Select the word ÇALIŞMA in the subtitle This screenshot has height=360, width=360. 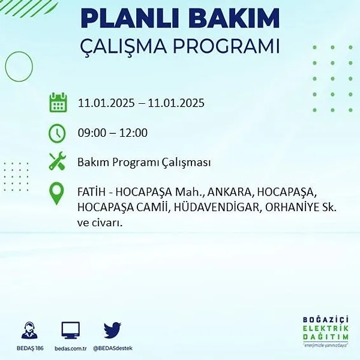click(x=123, y=47)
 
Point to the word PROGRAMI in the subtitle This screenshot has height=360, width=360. click(x=226, y=46)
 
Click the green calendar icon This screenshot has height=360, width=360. click(x=58, y=103)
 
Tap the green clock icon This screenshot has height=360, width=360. click(x=57, y=133)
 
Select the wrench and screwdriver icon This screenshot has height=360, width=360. click(x=58, y=161)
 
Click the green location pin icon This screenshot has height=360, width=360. click(x=56, y=193)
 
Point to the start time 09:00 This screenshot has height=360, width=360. click(x=92, y=133)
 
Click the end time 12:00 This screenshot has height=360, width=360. click(x=133, y=133)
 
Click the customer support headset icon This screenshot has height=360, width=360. click(x=29, y=331)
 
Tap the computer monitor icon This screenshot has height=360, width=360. click(x=70, y=331)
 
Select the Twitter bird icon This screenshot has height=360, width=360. click(x=113, y=330)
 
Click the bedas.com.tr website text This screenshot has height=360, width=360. click(x=70, y=348)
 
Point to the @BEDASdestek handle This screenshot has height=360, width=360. click(x=113, y=348)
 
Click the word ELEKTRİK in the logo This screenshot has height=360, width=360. click(x=326, y=329)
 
